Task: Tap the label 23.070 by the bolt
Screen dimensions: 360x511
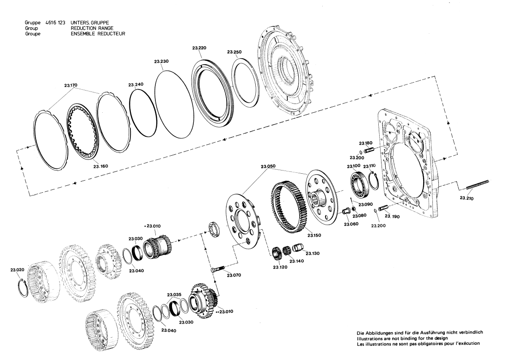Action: (234, 275)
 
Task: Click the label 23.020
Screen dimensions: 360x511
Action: (18, 268)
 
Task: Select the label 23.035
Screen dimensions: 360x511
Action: (174, 294)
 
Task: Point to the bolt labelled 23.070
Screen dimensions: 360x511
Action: (218, 269)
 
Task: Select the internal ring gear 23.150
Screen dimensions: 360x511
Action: (288, 207)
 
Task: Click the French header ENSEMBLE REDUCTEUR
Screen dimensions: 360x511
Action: (98, 34)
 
